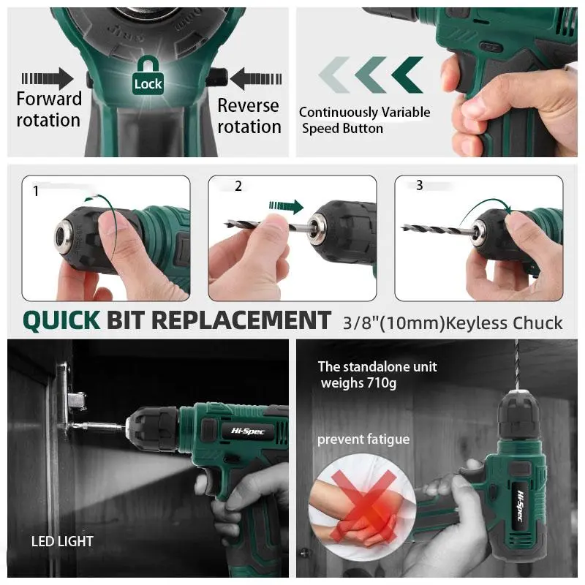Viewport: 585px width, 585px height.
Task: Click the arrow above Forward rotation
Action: (47, 79)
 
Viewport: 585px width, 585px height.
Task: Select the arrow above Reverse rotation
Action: (255, 79)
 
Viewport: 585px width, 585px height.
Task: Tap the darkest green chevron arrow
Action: (407, 75)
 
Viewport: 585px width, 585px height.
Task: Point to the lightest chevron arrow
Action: (334, 75)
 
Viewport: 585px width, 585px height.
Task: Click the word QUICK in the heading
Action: (61, 321)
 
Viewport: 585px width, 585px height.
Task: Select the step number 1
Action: (36, 191)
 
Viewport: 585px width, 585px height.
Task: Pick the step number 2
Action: (238, 186)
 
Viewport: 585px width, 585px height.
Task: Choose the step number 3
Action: (419, 185)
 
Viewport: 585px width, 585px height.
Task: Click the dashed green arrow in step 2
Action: (286, 206)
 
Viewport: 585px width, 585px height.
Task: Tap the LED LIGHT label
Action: (62, 541)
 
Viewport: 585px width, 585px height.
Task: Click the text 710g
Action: (381, 383)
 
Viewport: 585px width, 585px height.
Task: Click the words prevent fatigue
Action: (363, 439)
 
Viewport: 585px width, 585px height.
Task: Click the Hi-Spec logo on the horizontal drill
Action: (248, 431)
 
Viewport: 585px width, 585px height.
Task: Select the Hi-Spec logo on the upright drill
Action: (521, 506)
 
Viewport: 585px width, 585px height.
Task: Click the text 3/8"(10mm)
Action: (394, 323)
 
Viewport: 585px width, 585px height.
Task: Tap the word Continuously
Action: (339, 113)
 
